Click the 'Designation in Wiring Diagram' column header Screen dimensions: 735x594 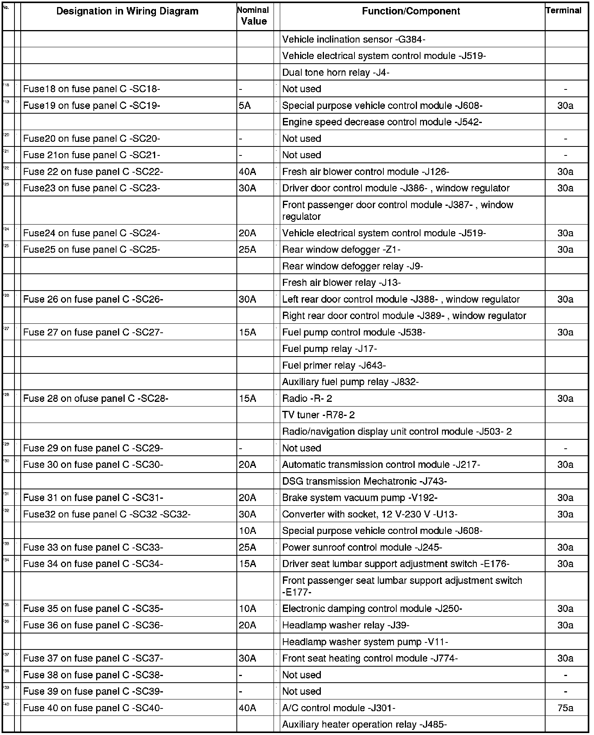coord(127,11)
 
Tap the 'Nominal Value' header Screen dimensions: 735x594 coord(254,16)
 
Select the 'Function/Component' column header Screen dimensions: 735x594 coord(411,11)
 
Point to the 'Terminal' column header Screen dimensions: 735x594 coord(564,11)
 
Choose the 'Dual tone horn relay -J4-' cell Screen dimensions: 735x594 coord(336,73)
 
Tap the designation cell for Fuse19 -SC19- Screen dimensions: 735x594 coord(91,106)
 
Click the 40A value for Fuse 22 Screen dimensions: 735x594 coord(247,172)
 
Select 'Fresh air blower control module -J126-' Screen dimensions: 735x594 coord(365,172)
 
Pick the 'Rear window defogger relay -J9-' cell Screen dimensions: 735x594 coord(352,266)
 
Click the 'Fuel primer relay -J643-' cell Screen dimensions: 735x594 coord(334,366)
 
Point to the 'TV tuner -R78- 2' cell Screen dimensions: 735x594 coord(318,415)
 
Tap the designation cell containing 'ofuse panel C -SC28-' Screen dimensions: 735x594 coord(96,399)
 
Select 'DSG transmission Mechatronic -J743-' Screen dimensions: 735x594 coord(364,482)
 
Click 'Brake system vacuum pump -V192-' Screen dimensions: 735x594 coord(360,498)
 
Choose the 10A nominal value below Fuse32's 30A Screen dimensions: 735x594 coord(247,531)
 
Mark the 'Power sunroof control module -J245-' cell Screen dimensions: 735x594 coord(362,548)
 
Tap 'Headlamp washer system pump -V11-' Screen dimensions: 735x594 coord(365,642)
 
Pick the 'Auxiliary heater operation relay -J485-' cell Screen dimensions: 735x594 coord(364,725)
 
